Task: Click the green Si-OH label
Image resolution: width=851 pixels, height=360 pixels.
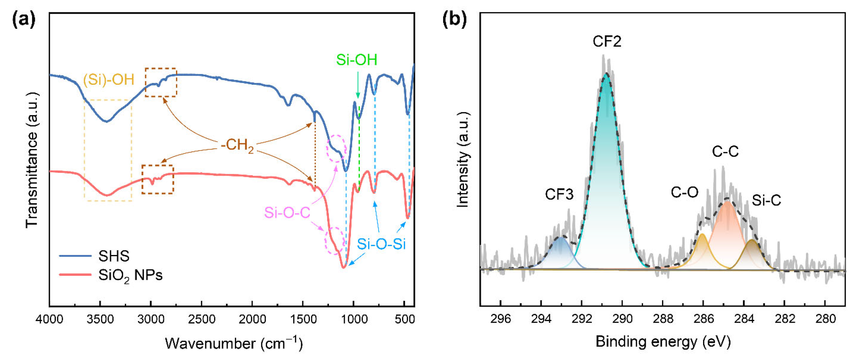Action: pyautogui.click(x=356, y=60)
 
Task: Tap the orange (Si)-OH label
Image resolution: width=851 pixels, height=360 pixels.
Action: pyautogui.click(x=109, y=80)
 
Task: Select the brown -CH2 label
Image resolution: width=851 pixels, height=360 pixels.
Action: pyautogui.click(x=237, y=146)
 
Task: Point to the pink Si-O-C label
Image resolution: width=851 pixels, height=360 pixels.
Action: pyautogui.click(x=287, y=212)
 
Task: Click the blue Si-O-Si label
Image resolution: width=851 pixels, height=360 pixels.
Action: pyautogui.click(x=381, y=244)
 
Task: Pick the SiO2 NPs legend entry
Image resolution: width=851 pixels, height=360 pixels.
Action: pyautogui.click(x=111, y=275)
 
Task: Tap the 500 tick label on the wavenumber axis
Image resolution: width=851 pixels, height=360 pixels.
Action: pyautogui.click(x=405, y=319)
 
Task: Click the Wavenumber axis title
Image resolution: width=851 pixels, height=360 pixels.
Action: pyautogui.click(x=234, y=343)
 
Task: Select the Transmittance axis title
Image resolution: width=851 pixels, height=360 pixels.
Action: pyautogui.click(x=32, y=160)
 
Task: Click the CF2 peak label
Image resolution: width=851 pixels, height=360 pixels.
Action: pyautogui.click(x=607, y=42)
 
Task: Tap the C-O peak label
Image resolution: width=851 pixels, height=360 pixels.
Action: pyautogui.click(x=684, y=192)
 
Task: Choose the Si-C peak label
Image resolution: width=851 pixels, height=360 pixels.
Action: pyautogui.click(x=767, y=200)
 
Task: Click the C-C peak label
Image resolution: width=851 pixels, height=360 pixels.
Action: pyautogui.click(x=725, y=152)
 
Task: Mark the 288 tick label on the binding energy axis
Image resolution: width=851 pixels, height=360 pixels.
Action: pyautogui.click(x=663, y=319)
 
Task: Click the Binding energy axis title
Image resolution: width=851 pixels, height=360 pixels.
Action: pyautogui.click(x=663, y=342)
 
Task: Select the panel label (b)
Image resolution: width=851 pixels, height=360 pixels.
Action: pyautogui.click(x=454, y=20)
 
